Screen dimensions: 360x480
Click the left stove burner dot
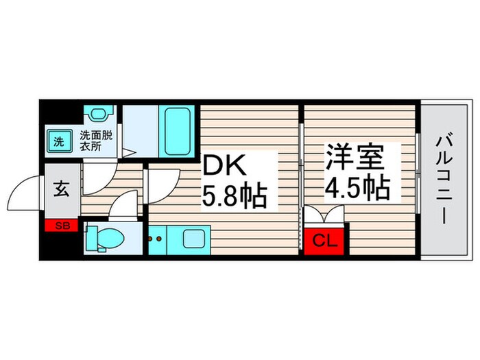(152, 240)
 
